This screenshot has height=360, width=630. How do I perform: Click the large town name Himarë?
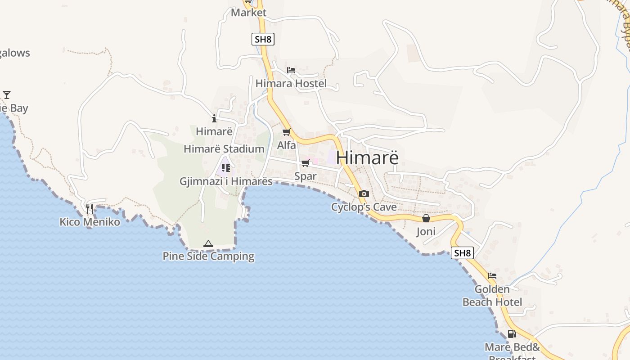click(367, 158)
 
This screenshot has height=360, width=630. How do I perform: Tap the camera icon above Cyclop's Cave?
click(364, 194)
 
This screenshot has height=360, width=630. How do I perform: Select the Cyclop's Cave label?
click(364, 207)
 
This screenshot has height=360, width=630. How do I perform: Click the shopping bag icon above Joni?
click(426, 219)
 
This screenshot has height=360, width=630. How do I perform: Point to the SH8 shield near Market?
click(263, 39)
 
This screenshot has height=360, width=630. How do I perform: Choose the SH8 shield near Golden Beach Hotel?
click(462, 253)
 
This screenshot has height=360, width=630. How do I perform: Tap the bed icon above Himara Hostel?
click(291, 70)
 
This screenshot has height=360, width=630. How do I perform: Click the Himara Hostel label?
click(291, 84)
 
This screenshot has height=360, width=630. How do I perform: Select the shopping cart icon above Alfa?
click(286, 132)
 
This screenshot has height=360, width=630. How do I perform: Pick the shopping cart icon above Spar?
click(306, 163)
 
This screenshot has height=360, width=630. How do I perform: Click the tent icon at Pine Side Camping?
click(208, 244)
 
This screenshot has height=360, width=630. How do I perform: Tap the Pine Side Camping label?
click(208, 256)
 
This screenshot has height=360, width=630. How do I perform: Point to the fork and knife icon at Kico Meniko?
click(90, 208)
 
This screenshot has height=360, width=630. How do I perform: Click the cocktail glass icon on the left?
click(7, 95)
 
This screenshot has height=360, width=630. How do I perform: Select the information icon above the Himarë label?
click(214, 119)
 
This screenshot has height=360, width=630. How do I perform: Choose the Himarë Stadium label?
click(224, 149)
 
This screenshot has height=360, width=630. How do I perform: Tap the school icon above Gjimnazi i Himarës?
click(225, 168)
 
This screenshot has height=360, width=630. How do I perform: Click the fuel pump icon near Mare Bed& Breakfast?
click(512, 334)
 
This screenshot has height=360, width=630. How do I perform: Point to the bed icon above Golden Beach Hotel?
click(492, 276)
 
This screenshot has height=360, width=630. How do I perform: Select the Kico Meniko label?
click(90, 222)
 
